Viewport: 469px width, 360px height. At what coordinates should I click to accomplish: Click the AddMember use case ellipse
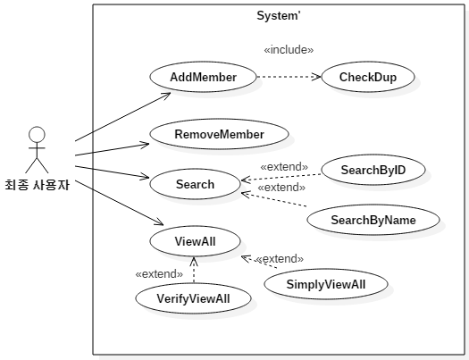point(203,77)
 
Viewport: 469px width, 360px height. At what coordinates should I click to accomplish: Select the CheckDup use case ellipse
point(368,77)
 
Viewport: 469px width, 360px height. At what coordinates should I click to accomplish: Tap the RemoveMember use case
point(219,134)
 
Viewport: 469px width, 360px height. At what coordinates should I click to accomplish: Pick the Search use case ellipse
point(195,184)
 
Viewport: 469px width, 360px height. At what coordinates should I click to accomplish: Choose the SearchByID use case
point(373,170)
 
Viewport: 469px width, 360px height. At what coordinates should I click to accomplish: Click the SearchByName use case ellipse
point(373,220)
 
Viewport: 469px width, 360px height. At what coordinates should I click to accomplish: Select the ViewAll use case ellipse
point(195,241)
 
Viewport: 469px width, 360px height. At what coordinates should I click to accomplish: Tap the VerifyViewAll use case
point(193,298)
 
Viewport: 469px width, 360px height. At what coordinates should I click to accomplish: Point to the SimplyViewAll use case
point(326,284)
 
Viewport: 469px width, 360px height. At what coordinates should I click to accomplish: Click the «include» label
point(289,50)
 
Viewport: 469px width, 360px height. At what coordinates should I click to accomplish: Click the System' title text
point(279,15)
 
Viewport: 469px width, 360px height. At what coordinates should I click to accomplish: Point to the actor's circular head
point(37,134)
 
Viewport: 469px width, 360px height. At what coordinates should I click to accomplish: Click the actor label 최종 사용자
point(38,185)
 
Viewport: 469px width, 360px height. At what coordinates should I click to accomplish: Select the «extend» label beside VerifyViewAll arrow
point(159,274)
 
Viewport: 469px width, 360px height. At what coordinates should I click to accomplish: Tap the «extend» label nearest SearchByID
point(284,167)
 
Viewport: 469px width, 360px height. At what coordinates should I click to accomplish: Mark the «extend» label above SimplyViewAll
point(280,259)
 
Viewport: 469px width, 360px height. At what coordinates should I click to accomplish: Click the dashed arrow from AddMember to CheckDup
point(289,77)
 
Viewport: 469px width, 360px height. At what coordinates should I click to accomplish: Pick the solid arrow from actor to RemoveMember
point(113,150)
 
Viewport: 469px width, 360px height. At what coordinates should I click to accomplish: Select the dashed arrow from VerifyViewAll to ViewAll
point(194,270)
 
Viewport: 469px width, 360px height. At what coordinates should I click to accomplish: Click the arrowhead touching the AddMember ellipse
point(166,95)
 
